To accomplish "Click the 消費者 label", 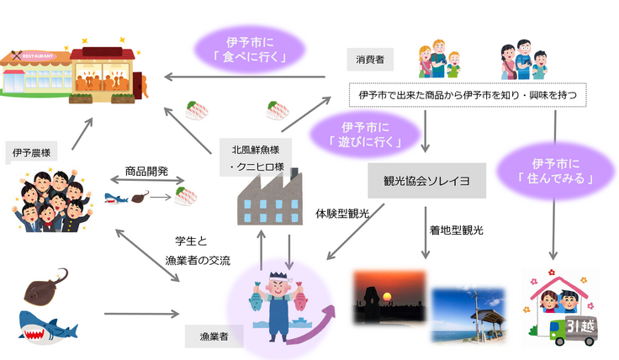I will click(364, 61).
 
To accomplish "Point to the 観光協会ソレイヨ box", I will click(427, 182).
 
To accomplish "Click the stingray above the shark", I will click(47, 284).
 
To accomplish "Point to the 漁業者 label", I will click(209, 336).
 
